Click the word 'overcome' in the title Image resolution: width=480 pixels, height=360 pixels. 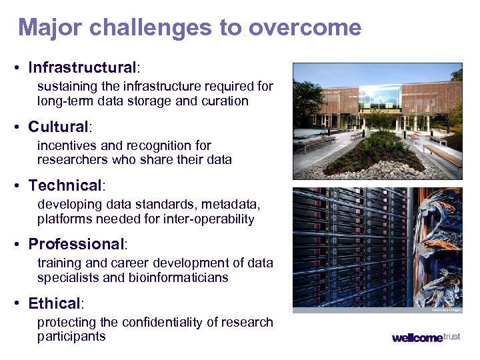coord(305,28)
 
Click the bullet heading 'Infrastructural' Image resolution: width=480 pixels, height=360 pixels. coord(82,67)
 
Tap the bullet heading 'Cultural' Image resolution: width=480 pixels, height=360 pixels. coord(58,127)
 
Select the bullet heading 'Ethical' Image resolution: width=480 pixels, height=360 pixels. coord(54,303)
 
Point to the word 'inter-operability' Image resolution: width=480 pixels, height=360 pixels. coord(210,219)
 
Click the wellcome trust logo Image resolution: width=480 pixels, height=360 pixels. coord(425,337)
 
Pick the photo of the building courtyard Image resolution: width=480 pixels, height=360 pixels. coord(377,121)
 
